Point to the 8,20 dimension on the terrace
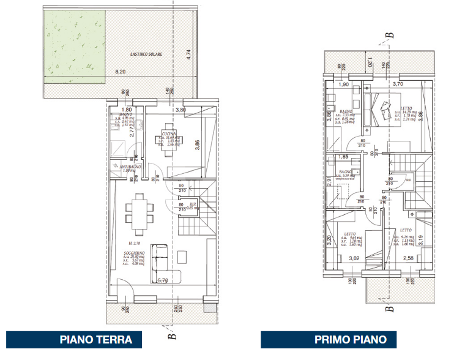[x=121, y=72]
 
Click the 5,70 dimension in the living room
[x=163, y=281]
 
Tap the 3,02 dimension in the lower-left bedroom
[x=354, y=258]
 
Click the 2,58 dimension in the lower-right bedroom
[x=409, y=258]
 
